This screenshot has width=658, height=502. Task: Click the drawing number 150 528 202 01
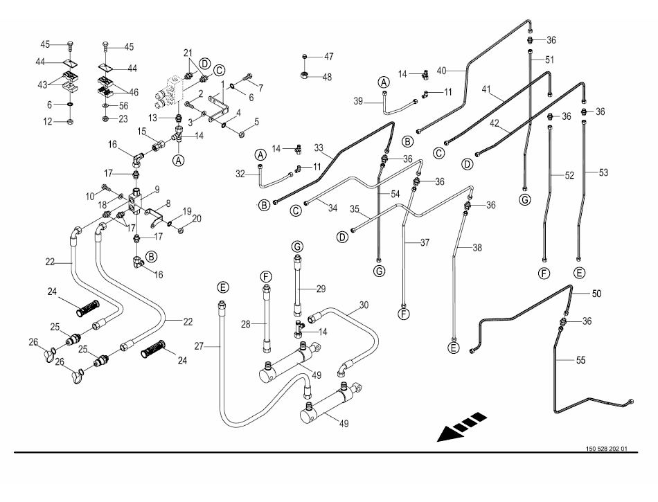point(606,449)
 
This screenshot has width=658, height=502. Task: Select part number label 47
point(328,56)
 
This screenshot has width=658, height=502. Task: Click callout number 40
point(441,69)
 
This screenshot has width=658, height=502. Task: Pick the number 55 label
point(580,359)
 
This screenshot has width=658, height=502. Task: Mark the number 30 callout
point(364,305)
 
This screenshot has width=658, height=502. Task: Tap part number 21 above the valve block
point(187,54)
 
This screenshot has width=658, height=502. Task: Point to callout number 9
point(157,189)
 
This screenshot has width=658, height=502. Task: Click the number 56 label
point(123,105)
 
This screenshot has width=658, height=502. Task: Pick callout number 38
point(477,246)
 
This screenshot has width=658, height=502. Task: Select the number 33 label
point(319,147)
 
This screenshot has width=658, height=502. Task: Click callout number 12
point(48,122)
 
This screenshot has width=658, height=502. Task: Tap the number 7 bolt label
point(261,89)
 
